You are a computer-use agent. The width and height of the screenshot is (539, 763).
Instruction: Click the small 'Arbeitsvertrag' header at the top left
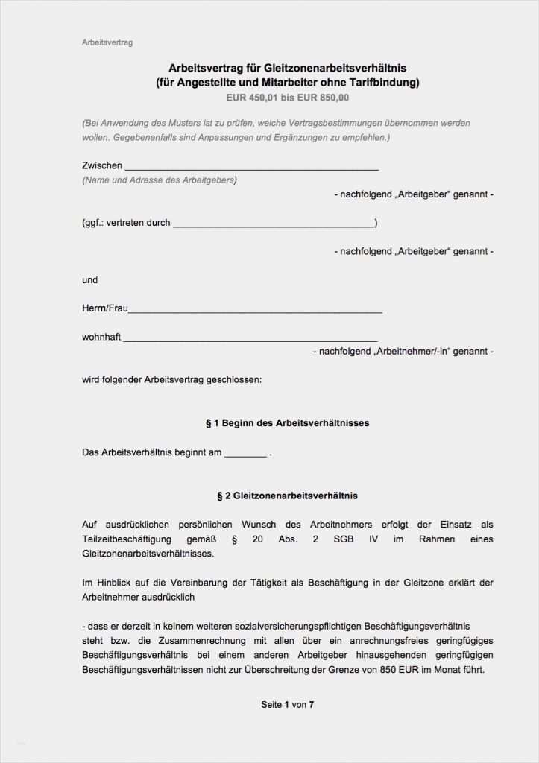(x=107, y=43)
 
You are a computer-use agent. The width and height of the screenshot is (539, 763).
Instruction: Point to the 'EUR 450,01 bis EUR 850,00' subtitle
(x=287, y=98)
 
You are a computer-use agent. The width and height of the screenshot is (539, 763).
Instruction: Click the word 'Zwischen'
(x=102, y=165)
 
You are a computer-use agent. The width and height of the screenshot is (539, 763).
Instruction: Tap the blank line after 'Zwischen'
(x=251, y=167)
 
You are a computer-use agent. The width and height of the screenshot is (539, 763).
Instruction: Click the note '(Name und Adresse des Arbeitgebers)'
(x=160, y=180)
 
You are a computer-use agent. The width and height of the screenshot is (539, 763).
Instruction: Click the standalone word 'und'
(x=89, y=280)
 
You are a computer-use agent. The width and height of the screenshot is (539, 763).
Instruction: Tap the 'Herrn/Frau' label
(x=105, y=308)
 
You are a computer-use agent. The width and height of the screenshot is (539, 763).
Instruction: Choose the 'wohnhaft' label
(x=101, y=337)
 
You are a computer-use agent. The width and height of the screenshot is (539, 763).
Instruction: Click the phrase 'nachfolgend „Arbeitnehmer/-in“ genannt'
(x=403, y=351)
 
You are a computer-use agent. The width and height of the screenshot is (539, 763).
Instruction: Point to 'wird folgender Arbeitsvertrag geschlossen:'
(x=172, y=379)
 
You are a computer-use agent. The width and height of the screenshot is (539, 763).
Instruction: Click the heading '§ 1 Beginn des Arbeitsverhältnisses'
(x=287, y=423)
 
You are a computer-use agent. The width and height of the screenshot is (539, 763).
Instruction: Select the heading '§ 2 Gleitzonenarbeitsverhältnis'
(x=287, y=496)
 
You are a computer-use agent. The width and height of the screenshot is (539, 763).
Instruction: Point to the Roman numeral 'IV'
(x=373, y=539)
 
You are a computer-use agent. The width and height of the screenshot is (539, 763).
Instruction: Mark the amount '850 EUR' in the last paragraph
(x=402, y=670)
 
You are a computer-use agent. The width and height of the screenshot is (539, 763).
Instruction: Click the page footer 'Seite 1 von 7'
(x=287, y=704)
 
